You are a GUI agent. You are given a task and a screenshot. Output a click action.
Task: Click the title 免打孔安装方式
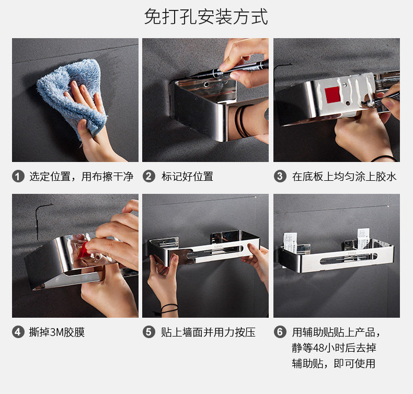pyautogui.click(x=206, y=17)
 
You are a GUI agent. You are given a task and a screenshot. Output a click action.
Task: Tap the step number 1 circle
pyautogui.click(x=18, y=176)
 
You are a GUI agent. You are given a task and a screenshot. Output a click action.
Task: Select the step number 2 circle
pyautogui.click(x=149, y=176)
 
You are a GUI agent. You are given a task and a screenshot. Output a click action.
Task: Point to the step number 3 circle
pyautogui.click(x=280, y=176)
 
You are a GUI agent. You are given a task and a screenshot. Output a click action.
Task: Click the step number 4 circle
pyautogui.click(x=18, y=332)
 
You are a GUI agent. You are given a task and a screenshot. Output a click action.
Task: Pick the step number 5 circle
pyautogui.click(x=149, y=332)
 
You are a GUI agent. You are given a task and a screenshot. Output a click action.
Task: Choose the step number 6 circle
pyautogui.click(x=280, y=332)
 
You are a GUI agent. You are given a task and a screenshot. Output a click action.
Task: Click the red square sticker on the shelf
pyautogui.click(x=332, y=95)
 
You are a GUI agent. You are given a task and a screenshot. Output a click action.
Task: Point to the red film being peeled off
pyautogui.click(x=84, y=250)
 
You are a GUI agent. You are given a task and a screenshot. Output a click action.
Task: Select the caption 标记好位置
pyautogui.click(x=187, y=177)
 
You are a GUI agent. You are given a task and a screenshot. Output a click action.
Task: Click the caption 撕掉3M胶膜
pyautogui.click(x=57, y=332)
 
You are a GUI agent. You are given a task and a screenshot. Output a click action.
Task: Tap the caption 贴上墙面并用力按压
pyautogui.click(x=209, y=332)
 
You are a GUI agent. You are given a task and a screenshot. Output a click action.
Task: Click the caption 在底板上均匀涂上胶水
pyautogui.click(x=344, y=177)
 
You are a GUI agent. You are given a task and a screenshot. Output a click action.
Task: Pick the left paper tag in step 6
pyautogui.click(x=290, y=242)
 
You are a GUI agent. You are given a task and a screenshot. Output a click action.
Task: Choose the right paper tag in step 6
pyautogui.click(x=363, y=238)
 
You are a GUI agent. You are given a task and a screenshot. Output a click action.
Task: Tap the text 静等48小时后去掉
pyautogui.click(x=334, y=348)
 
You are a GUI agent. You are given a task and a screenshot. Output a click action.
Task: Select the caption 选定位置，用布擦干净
pyautogui.click(x=81, y=177)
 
